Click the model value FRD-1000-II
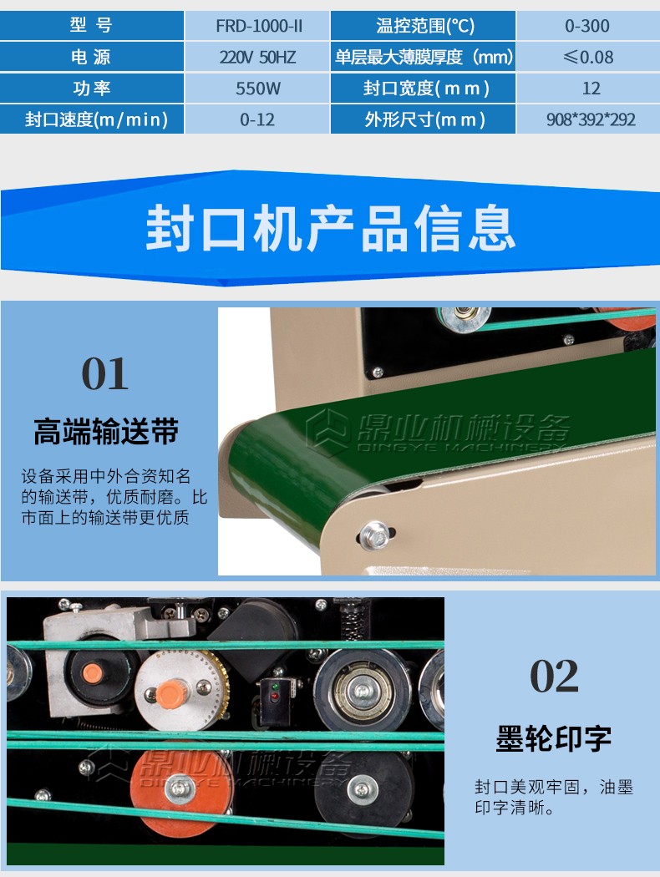(x=259, y=26)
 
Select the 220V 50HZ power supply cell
(x=257, y=57)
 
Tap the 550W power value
(x=258, y=89)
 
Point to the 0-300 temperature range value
(x=587, y=26)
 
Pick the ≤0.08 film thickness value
(x=588, y=57)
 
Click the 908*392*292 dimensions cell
(x=591, y=119)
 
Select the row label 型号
(x=91, y=25)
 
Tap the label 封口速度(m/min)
(x=96, y=119)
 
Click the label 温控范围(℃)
(x=425, y=26)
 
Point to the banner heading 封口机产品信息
(x=330, y=228)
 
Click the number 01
(x=105, y=373)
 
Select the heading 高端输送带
(x=106, y=431)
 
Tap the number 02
(x=554, y=676)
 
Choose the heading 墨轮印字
(x=554, y=738)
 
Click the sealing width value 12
(x=591, y=89)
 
